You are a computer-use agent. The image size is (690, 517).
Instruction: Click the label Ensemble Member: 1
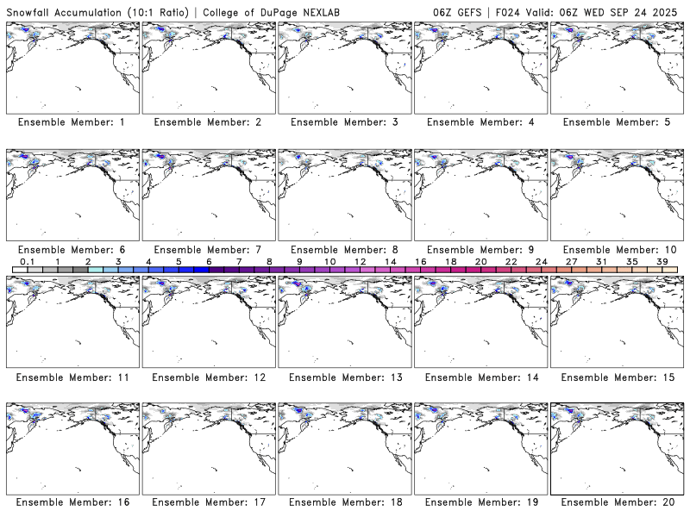(x=72, y=122)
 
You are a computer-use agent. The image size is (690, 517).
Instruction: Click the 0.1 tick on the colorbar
(x=27, y=261)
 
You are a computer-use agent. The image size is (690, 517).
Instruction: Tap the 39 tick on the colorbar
(x=662, y=261)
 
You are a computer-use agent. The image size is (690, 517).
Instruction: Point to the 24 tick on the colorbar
(x=542, y=261)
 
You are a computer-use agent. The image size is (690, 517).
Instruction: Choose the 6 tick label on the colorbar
(x=209, y=261)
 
